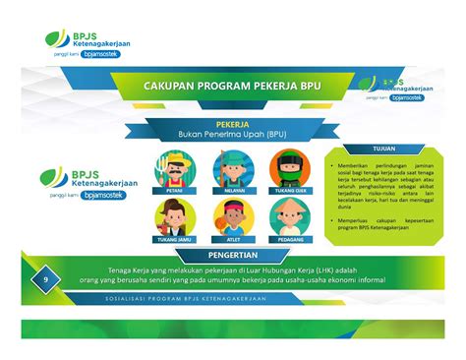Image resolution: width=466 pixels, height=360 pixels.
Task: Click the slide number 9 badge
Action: tap(45, 281)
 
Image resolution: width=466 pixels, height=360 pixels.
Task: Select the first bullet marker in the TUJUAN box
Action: tap(334, 163)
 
